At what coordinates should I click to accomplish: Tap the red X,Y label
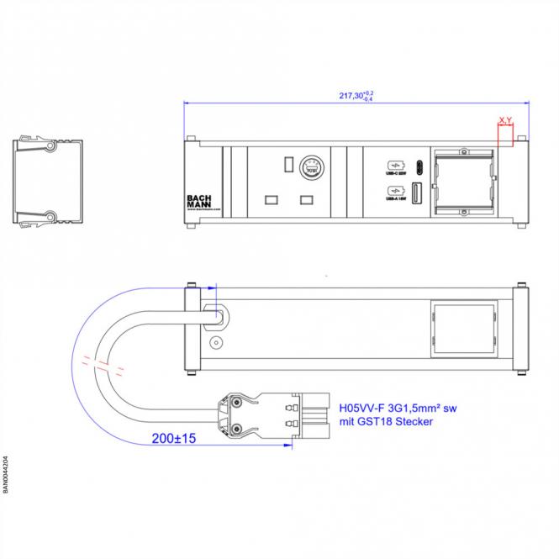[505, 121]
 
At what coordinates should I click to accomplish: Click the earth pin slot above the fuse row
[288, 161]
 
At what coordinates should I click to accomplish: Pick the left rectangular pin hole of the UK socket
[271, 200]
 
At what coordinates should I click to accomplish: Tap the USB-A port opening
[418, 192]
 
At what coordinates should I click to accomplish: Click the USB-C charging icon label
[395, 166]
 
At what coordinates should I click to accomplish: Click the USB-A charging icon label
[395, 192]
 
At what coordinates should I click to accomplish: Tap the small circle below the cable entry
[217, 343]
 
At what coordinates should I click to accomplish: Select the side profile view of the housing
[48, 181]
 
